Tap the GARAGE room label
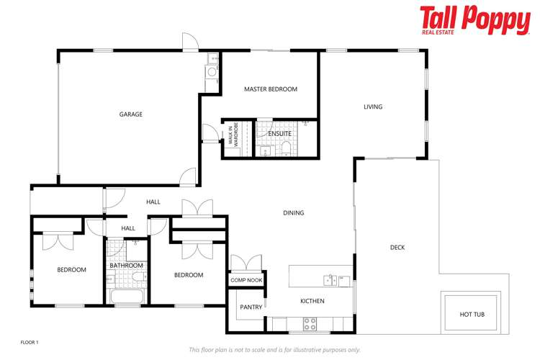tap(131, 114)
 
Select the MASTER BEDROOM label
tap(271, 89)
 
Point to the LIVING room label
tap(372, 107)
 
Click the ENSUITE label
tap(279, 134)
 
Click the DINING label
tap(293, 213)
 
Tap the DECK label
tap(397, 248)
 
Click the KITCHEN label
tap(312, 301)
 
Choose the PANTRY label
tap(250, 307)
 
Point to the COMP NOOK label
tap(246, 280)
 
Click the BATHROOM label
tap(126, 266)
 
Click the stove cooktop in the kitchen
tap(311, 323)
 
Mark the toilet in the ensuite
tap(287, 148)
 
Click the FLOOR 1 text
tap(29, 342)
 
